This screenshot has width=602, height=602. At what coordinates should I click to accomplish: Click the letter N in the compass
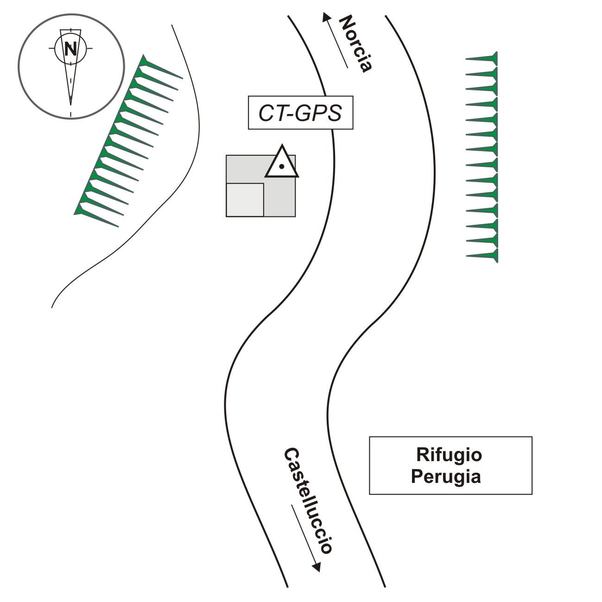pos(70,48)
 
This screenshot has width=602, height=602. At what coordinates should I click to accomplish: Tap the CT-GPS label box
pos(301,113)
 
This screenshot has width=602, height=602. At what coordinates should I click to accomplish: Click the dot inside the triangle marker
pos(281,166)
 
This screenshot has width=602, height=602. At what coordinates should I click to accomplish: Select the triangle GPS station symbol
pos(282,162)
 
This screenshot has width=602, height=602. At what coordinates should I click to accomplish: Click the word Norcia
pos(356,44)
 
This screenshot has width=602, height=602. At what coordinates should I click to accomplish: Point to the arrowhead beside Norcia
pos(326,17)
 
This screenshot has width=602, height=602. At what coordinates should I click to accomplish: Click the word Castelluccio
pos(308,501)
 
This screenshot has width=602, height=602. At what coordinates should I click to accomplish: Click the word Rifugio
pos(449,455)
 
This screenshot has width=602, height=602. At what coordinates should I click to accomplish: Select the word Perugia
pos(446,476)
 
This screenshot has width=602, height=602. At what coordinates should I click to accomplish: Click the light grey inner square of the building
pos(245,200)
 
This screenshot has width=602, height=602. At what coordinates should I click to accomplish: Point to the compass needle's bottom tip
pos(70,105)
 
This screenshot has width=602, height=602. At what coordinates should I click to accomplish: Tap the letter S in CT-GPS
pos(334,113)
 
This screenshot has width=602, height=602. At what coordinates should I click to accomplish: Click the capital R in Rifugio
pos(422,455)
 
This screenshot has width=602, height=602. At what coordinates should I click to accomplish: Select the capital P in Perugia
pos(417,476)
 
